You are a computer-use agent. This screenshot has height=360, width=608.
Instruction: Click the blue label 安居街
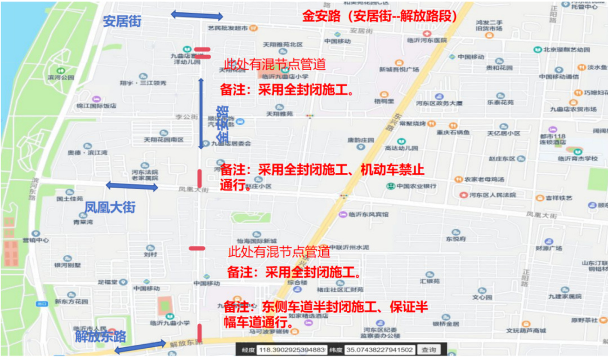tap(122, 21)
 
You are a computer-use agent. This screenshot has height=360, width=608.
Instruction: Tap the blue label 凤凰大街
tap(110, 207)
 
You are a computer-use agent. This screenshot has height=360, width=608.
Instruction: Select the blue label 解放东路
tap(100, 336)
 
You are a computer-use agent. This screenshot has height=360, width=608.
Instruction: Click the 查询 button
tap(429, 350)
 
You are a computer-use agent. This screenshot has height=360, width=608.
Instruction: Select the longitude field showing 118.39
tap(291, 350)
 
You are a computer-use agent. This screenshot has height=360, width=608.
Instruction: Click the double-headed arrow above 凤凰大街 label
tap(132, 186)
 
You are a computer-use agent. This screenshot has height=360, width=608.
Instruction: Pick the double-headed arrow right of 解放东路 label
tap(140, 346)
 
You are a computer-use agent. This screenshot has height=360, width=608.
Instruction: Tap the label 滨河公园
tap(60, 77)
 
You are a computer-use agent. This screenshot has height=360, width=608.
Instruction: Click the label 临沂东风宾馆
tap(367, 214)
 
